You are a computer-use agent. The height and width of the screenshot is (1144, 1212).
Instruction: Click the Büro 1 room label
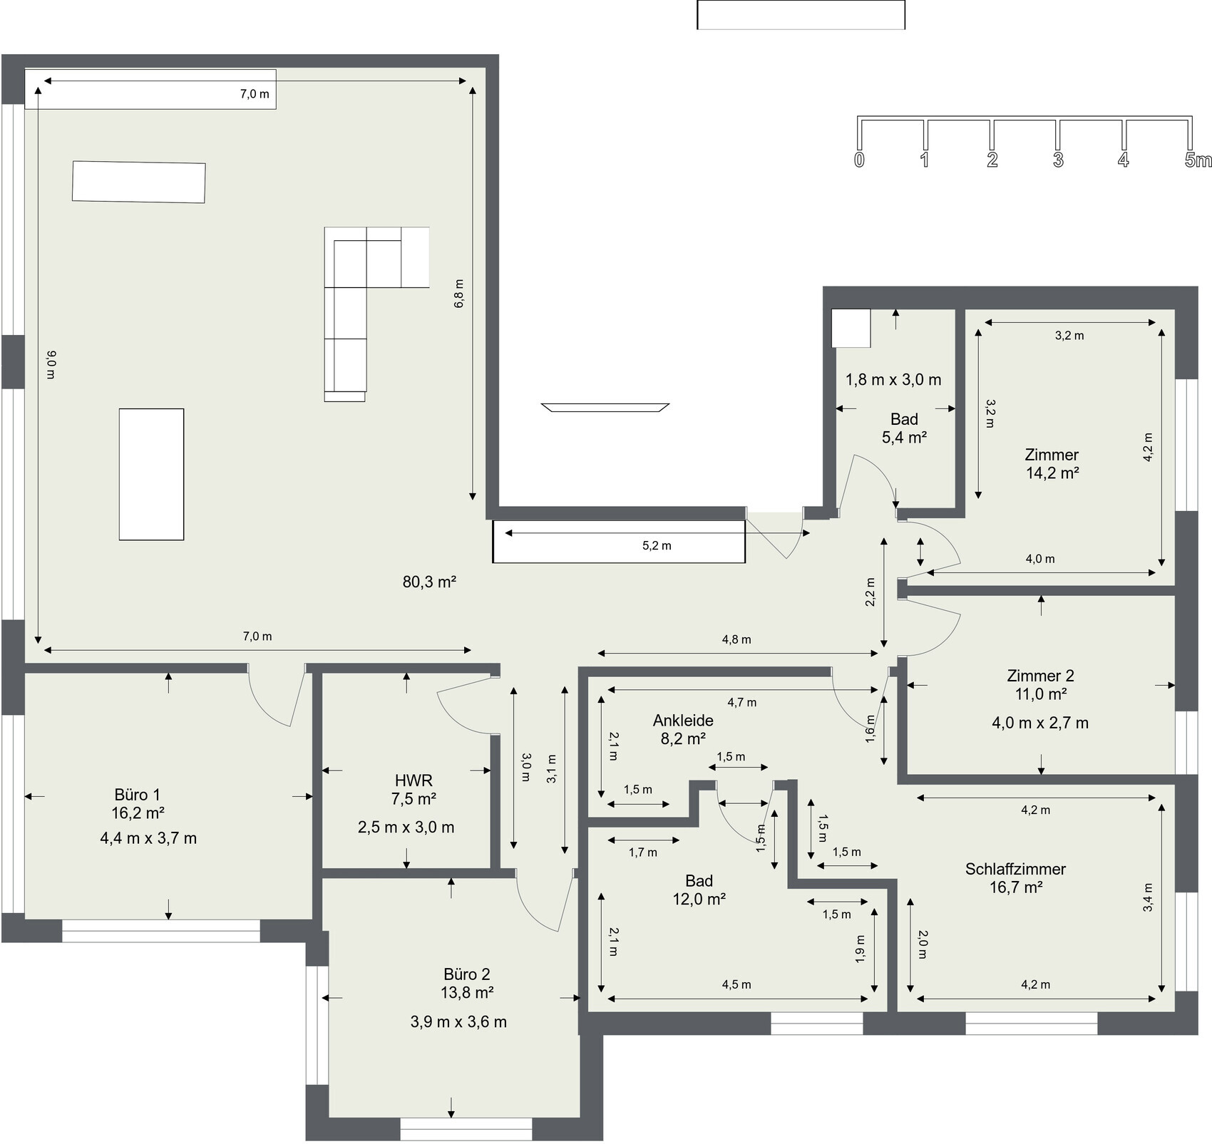click(x=138, y=795)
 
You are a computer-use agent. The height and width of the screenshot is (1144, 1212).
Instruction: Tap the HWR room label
click(x=414, y=780)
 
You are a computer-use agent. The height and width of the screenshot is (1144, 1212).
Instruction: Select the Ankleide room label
click(x=683, y=721)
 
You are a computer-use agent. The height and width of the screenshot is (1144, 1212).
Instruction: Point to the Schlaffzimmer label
click(x=1015, y=869)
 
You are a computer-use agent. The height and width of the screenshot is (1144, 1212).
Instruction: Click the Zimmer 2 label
click(x=1040, y=676)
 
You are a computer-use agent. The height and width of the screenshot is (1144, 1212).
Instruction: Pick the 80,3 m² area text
click(x=429, y=582)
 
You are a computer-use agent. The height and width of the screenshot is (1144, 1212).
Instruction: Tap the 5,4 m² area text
click(x=904, y=438)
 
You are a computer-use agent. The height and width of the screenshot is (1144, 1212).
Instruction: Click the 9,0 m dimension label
click(x=51, y=364)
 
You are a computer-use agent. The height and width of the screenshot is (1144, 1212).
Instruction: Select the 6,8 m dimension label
click(x=459, y=293)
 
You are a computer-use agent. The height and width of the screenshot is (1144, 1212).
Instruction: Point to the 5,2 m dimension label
click(x=657, y=546)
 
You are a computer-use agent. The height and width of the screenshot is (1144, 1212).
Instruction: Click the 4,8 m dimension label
click(x=736, y=639)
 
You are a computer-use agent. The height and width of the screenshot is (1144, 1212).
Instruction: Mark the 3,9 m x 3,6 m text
click(x=458, y=1022)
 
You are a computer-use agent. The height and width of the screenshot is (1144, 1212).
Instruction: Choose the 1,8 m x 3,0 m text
click(x=893, y=380)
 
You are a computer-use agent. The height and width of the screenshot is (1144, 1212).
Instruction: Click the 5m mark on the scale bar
click(x=1198, y=160)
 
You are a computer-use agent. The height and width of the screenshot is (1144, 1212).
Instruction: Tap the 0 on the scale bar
click(x=859, y=160)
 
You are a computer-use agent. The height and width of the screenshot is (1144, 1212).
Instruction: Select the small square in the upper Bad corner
click(x=851, y=328)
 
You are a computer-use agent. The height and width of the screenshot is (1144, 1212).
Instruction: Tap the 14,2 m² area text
click(x=1052, y=473)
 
